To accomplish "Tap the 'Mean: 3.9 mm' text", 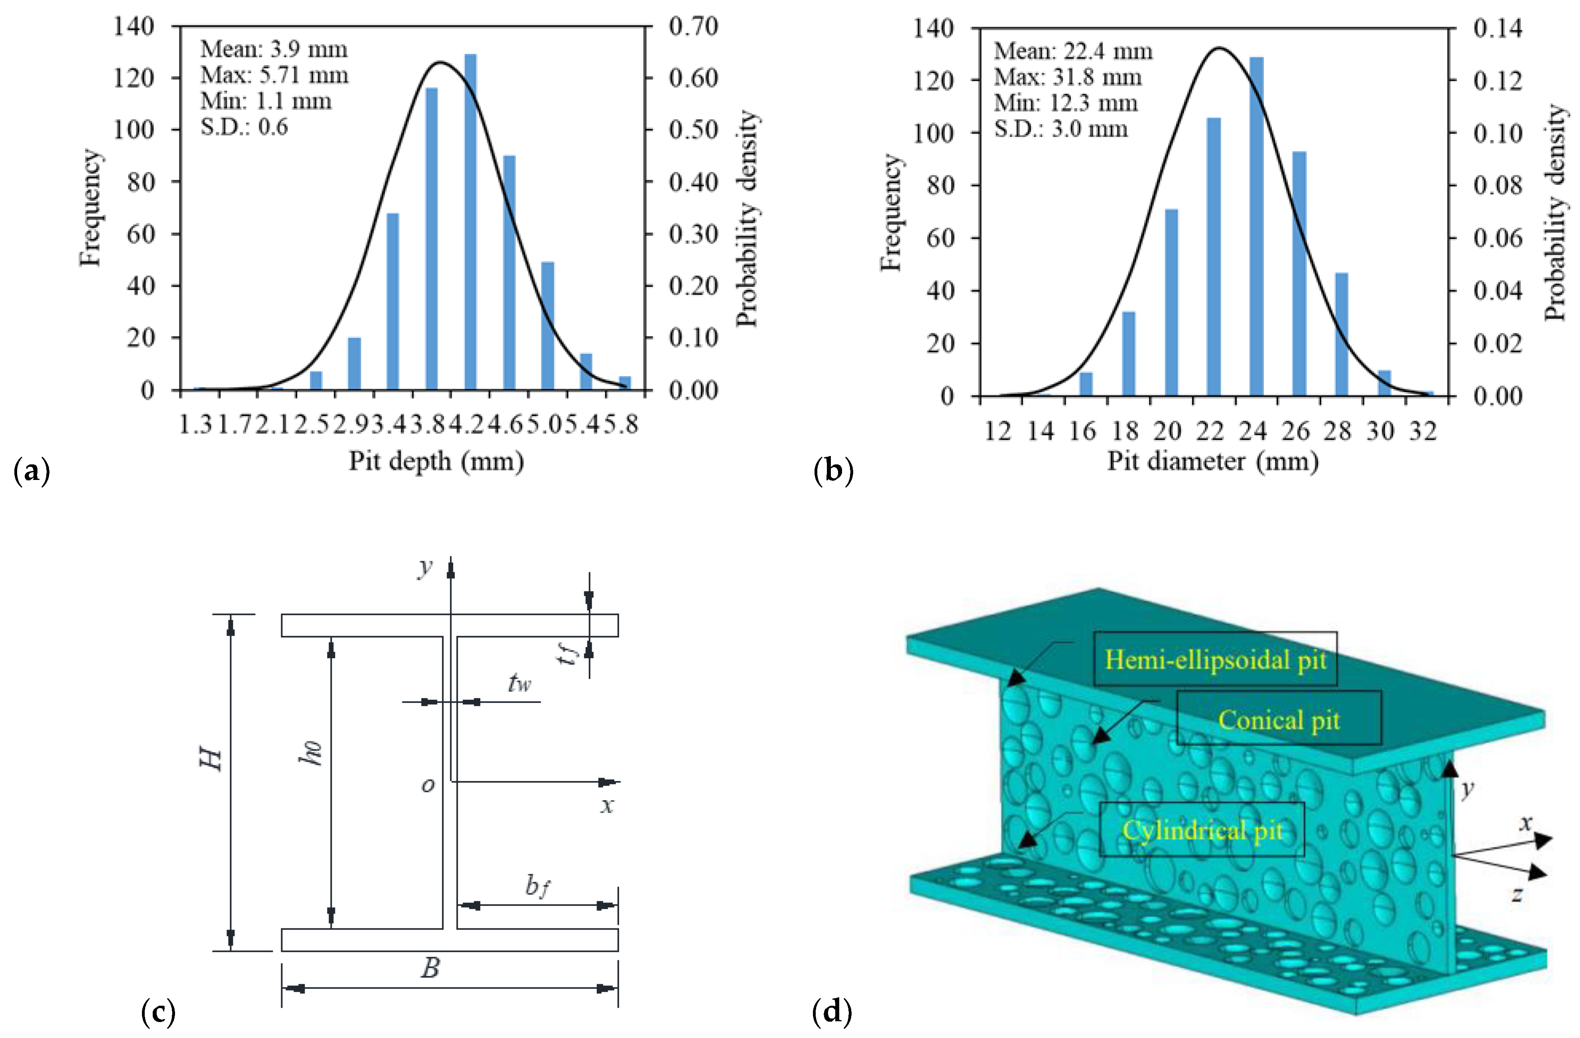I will coord(273,49).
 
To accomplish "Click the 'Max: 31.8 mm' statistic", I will coord(1068,77).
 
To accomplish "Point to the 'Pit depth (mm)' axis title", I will coord(436,460).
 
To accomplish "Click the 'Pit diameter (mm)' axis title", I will coord(1212,460).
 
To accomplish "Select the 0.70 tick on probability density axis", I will coord(693,27).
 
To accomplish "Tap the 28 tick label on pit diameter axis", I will coord(1338,431).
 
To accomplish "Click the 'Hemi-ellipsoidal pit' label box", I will coord(1215,659).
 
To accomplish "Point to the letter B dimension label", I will coord(430,968).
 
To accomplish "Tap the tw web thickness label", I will coord(519,683).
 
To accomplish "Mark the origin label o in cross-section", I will coord(428,785).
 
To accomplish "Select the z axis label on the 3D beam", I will coord(1517,894).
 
